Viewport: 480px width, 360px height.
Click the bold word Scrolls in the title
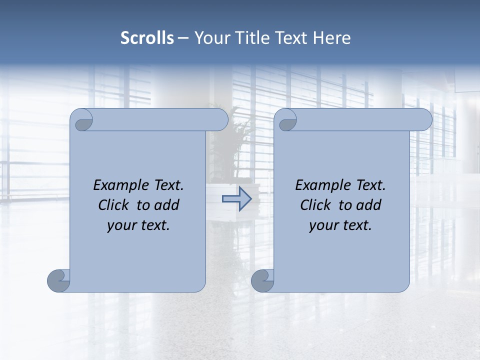click(x=147, y=38)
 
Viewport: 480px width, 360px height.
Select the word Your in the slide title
click(x=209, y=38)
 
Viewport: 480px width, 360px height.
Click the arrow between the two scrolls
click(x=236, y=199)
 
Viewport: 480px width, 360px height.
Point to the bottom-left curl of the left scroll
click(x=58, y=280)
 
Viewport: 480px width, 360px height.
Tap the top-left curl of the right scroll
click(x=286, y=120)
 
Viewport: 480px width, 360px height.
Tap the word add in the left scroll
click(x=167, y=205)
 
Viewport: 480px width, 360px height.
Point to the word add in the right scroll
click(x=369, y=205)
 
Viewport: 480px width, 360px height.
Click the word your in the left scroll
click(x=121, y=225)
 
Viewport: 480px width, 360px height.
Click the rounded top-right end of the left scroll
click(x=220, y=120)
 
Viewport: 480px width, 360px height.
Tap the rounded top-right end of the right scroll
click(x=424, y=120)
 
